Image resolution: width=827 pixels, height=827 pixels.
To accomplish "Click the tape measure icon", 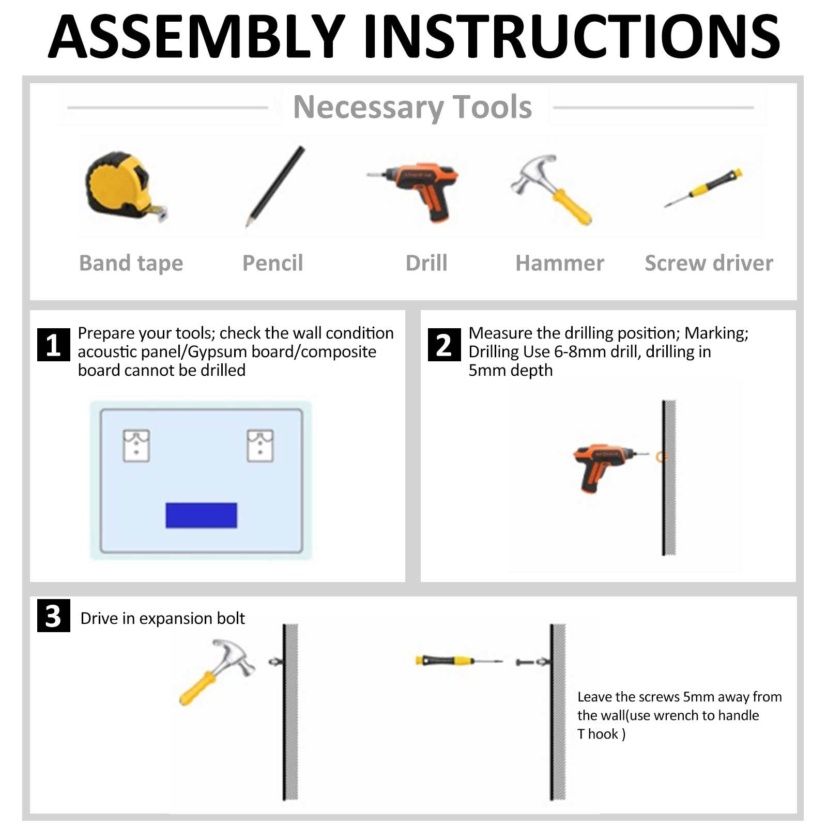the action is [126, 186].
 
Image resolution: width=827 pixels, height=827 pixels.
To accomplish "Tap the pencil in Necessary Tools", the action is [275, 187].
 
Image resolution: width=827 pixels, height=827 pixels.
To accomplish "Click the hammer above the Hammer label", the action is [551, 190].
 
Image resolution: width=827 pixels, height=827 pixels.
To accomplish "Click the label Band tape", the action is [131, 264].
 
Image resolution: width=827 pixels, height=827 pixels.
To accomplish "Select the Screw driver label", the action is [709, 263].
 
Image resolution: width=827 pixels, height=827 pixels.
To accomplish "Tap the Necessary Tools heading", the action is [412, 107].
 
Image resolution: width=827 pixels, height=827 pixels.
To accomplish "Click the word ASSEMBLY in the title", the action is [197, 37].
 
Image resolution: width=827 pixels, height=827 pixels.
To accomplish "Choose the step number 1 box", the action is [54, 345].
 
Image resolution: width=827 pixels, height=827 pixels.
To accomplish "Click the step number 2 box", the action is [445, 345].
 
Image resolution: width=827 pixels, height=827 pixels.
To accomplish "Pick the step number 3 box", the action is [54, 616].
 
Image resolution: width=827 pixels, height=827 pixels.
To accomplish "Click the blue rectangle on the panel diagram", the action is [201, 515].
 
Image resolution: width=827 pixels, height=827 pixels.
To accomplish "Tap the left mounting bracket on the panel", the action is [136, 446].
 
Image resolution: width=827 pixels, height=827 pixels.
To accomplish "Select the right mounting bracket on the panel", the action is [261, 446].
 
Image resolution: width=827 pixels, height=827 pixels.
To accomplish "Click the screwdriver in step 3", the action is [459, 661].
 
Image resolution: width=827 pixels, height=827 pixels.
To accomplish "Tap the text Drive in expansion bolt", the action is [162, 618].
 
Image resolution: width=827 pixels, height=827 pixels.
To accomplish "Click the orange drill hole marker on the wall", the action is [662, 457].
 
